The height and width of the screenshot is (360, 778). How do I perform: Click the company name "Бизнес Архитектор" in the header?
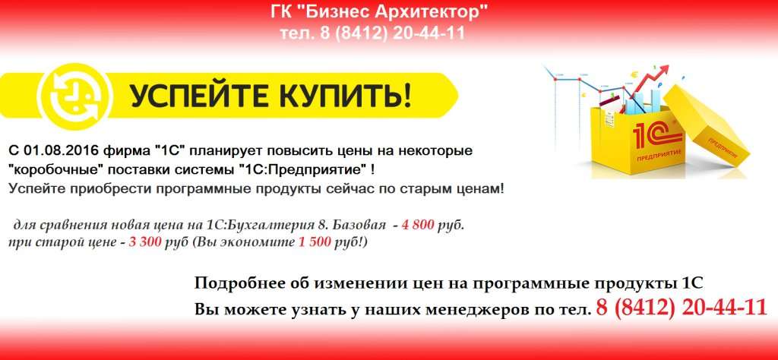click(x=395, y=11)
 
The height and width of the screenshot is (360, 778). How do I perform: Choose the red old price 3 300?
click(x=145, y=244)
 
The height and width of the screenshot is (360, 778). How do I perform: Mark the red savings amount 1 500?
click(x=315, y=244)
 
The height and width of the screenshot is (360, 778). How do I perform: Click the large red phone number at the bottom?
click(x=682, y=308)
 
